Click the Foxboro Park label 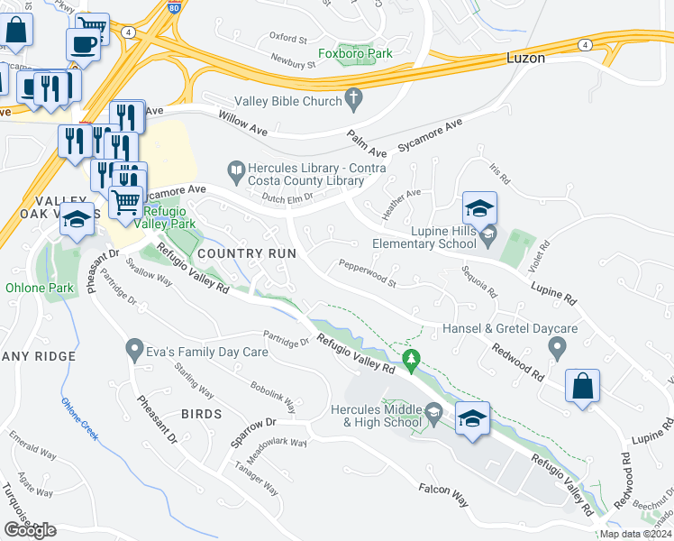point(365,53)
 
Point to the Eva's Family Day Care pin point(134,346)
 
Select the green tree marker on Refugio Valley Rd point(412,362)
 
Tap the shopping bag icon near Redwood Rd point(583,387)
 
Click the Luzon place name point(522,58)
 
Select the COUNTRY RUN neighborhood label point(246,253)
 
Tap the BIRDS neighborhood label point(201,414)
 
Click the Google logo point(30,530)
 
